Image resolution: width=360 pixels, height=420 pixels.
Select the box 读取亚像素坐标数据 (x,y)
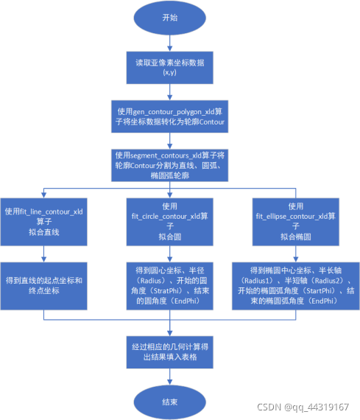coord(170,69)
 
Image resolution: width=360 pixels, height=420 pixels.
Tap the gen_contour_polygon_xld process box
coord(170,116)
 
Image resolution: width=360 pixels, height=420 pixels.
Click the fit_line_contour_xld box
coord(44,221)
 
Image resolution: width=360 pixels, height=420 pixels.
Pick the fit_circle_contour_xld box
coord(170,221)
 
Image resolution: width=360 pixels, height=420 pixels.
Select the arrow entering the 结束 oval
coord(170,378)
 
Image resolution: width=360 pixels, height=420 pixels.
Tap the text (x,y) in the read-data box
coord(170,74)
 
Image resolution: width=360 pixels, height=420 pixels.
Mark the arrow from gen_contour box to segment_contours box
coord(170,140)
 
